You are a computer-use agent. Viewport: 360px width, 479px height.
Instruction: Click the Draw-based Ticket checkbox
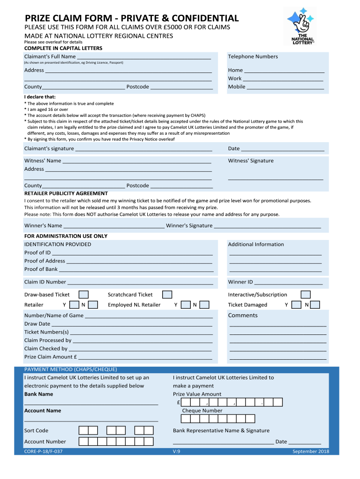tap(84, 295)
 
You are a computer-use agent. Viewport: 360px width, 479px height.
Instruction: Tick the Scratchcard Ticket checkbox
tap(167, 295)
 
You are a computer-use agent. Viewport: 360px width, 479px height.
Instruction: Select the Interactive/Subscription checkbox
tap(305, 295)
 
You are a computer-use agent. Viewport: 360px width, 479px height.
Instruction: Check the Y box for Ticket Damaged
tap(296, 305)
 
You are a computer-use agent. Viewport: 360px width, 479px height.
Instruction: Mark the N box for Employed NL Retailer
tap(204, 305)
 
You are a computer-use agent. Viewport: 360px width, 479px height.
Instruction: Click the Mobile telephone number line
tap(285, 87)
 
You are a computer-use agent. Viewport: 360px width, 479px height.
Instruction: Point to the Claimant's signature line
tap(144, 149)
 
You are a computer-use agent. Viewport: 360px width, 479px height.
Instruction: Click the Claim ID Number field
tap(140, 283)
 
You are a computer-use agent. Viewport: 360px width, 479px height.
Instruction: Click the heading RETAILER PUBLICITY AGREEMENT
tap(66, 193)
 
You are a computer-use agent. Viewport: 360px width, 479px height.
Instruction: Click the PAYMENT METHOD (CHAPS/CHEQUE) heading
tap(71, 369)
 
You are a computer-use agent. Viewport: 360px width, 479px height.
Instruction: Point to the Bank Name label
tap(38, 394)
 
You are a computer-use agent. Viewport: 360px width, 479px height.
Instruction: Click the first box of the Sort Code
tap(83, 430)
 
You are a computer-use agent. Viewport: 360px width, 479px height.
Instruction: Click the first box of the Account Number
tap(83, 442)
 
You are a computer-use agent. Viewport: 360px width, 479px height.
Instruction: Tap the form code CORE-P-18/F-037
tap(43, 451)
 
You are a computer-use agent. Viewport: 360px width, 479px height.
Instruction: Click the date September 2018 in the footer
tap(310, 451)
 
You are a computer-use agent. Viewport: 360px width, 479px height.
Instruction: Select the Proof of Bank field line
tap(136, 269)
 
